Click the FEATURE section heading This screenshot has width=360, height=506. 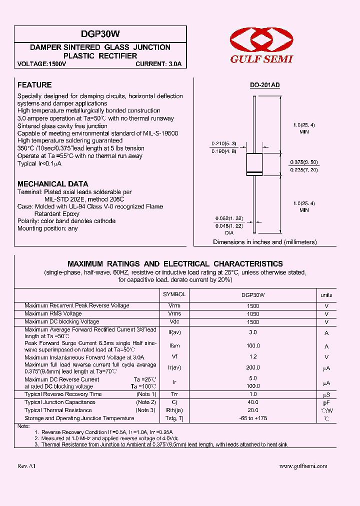(34, 85)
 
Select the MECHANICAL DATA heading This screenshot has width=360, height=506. (52, 183)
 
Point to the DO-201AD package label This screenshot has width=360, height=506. (265, 85)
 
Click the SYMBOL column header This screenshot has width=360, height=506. (174, 295)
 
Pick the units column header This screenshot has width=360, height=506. (326, 295)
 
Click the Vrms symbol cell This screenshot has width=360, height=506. (174, 313)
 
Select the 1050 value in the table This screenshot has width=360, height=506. (253, 313)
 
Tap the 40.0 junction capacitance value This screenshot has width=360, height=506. (253, 402)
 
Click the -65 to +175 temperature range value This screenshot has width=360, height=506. (253, 418)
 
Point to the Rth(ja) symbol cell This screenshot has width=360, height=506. (174, 410)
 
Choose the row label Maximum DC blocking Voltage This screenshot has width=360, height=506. (61, 321)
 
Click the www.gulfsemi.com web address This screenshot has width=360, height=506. (303, 466)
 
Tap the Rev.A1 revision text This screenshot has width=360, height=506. (26, 466)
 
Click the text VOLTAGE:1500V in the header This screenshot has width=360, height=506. (41, 64)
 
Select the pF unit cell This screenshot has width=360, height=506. (326, 402)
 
